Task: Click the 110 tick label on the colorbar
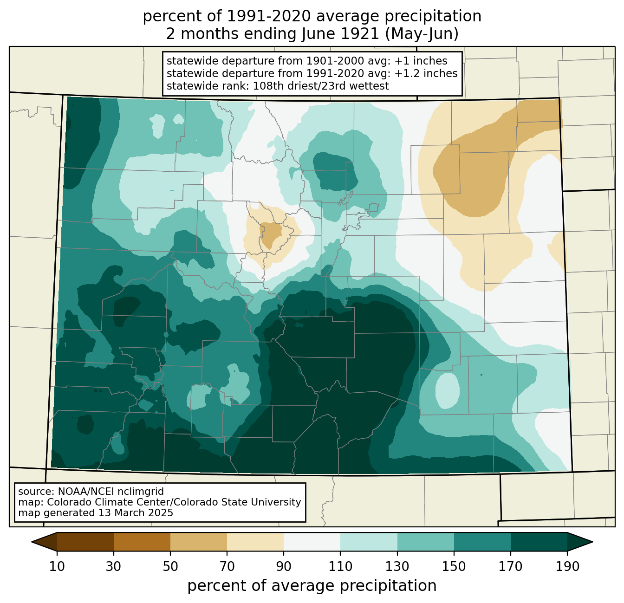[x=340, y=567]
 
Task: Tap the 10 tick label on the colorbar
[x=57, y=567]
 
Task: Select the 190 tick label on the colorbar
[x=567, y=567]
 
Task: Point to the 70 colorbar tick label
[x=227, y=567]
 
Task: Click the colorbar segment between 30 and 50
[x=142, y=542]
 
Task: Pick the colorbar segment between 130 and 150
[x=425, y=542]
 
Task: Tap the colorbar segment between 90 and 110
[x=312, y=542]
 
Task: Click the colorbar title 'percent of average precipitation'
[x=312, y=586]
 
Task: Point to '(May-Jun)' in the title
[x=422, y=34]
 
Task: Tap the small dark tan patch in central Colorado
[x=270, y=234]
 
